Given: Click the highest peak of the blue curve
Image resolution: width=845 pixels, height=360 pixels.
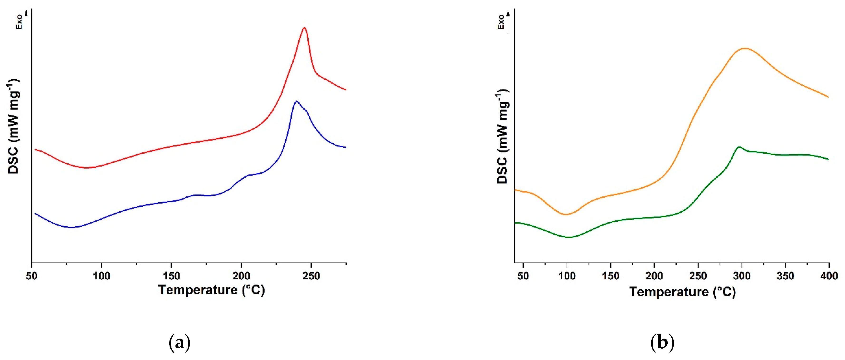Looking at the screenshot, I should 296,101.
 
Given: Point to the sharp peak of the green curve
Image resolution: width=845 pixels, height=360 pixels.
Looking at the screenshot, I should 739,147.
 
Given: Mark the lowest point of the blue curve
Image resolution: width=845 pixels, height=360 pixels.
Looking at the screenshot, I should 71,227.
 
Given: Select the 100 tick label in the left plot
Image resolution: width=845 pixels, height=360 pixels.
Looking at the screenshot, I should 101,276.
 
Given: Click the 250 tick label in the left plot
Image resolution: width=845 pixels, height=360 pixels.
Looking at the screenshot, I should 311,276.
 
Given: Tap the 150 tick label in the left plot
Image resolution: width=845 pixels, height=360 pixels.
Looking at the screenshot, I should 171,276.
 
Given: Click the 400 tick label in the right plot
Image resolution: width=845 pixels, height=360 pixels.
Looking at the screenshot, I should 829,276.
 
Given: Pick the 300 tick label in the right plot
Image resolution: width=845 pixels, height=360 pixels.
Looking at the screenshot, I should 741,276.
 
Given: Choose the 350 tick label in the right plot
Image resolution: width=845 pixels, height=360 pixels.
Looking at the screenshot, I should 785,276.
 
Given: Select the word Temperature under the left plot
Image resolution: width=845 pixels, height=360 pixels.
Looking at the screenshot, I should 198,290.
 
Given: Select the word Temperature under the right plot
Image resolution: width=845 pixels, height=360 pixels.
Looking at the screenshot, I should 669,292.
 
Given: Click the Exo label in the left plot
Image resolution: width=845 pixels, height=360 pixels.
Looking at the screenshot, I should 19,22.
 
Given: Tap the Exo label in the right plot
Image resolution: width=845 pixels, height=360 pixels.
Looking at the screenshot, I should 501,22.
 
